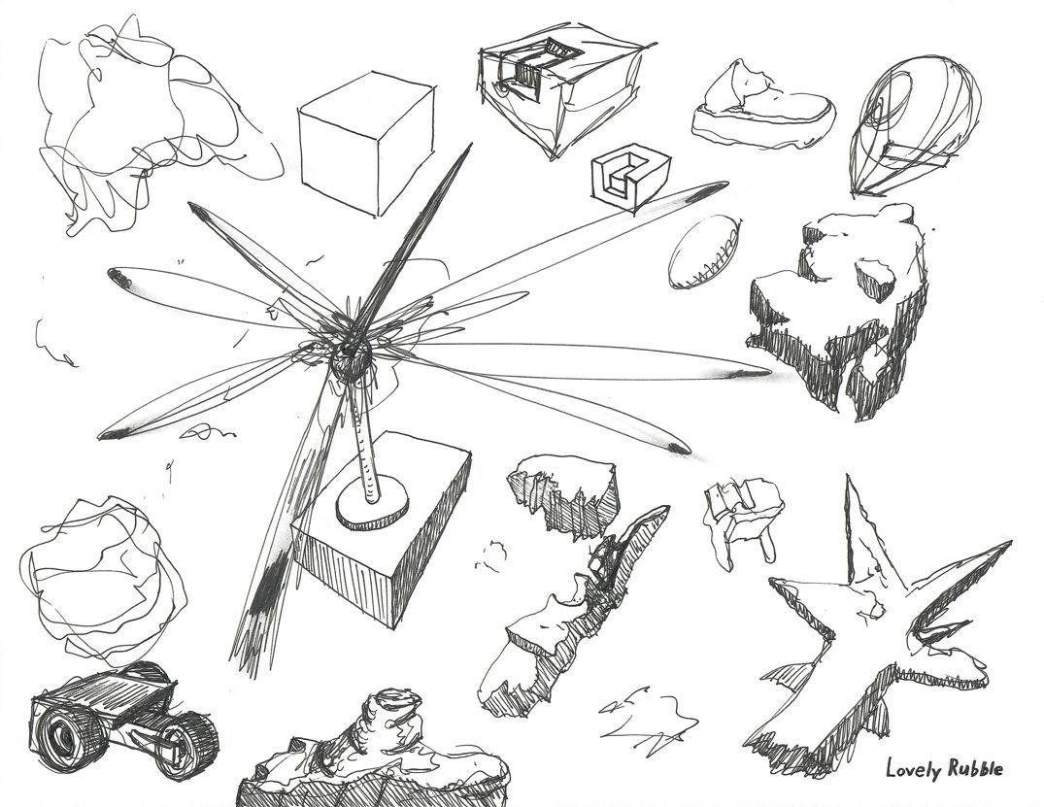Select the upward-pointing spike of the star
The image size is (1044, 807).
[x=857, y=529]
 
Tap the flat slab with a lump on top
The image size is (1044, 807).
[x=762, y=107]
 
